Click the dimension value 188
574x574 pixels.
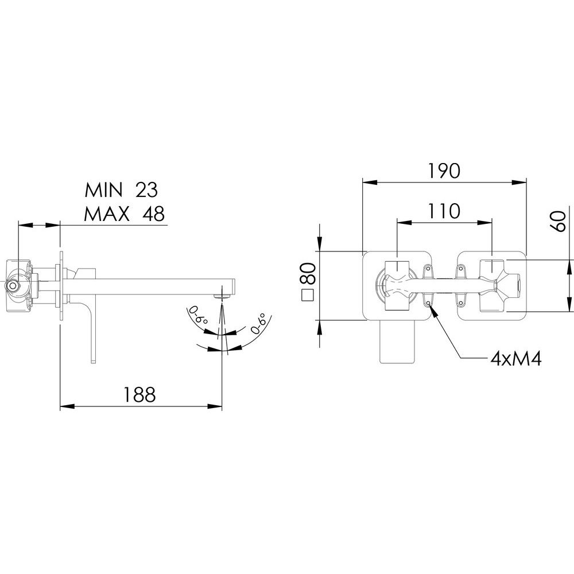pyautogui.click(x=139, y=394)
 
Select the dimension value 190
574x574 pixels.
pyautogui.click(x=444, y=170)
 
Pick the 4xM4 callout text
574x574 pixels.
pyautogui.click(x=516, y=359)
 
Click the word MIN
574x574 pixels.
pyautogui.click(x=103, y=189)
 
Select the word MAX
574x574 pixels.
pyautogui.click(x=107, y=214)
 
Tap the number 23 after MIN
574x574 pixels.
pyautogui.click(x=146, y=189)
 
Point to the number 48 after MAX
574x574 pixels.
pyautogui.click(x=153, y=214)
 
